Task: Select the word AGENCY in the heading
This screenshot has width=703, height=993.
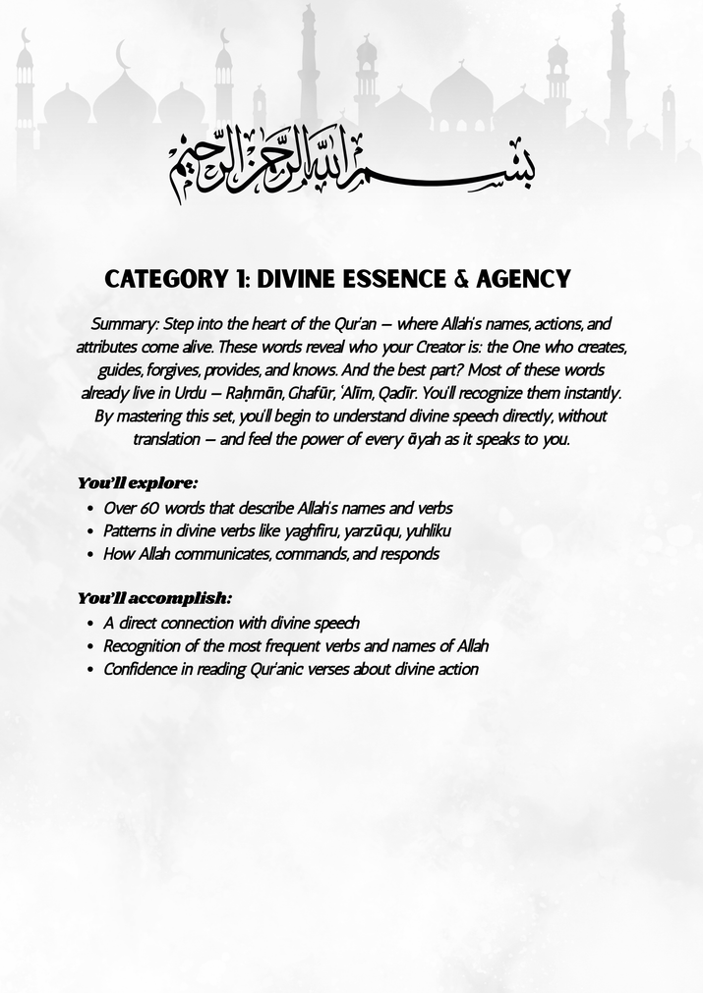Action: pos(523,279)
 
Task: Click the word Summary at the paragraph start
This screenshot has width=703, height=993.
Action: pos(117,323)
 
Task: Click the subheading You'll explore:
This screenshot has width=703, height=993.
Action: pos(138,483)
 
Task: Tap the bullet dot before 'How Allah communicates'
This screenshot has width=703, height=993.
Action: pos(90,554)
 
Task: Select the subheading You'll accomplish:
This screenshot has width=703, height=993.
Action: pos(154,597)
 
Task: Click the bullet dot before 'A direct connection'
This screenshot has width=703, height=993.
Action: pos(90,623)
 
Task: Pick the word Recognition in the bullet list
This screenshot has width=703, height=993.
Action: pos(143,646)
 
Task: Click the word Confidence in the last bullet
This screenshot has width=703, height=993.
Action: pos(140,670)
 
